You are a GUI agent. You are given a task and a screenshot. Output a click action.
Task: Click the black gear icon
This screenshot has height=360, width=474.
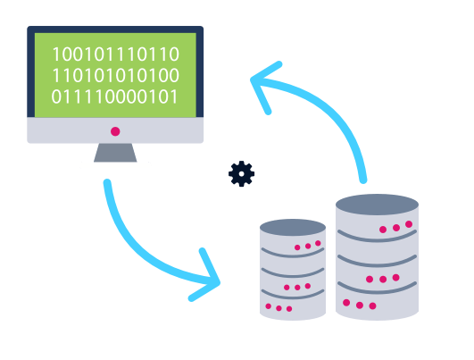point(241,173)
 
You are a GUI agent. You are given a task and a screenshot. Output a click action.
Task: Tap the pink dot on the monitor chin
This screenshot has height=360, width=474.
point(115,131)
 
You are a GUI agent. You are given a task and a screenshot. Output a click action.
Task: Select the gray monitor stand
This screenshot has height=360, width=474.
point(115,153)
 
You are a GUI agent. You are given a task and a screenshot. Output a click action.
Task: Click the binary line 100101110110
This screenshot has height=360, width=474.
point(116,54)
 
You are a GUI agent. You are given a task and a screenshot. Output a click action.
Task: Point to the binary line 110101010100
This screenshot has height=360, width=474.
point(116,75)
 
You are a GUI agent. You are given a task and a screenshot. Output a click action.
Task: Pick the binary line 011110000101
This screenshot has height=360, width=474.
point(114,96)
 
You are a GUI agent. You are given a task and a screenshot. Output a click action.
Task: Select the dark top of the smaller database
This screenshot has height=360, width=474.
point(293,228)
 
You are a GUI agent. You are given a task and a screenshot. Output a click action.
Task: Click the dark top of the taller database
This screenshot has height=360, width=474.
point(377,205)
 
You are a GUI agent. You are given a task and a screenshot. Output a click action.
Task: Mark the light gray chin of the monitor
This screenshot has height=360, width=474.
point(115,130)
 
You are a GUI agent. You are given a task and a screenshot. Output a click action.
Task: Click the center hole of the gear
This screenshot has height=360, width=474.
point(241,174)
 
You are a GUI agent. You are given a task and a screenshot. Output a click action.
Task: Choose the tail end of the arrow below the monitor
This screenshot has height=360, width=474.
point(107,183)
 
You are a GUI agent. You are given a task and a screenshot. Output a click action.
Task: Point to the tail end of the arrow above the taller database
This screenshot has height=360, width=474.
point(363,180)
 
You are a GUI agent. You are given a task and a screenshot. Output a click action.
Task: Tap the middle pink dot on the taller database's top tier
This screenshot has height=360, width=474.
point(396,228)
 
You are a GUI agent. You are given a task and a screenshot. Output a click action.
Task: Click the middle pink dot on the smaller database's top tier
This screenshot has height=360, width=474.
point(308,246)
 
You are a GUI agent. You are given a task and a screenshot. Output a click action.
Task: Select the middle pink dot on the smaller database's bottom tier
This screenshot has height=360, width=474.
point(279,308)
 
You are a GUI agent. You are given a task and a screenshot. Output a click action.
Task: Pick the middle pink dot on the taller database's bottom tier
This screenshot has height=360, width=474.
point(360,305)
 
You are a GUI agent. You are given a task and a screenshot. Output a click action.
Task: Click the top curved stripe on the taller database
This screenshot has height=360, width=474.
point(377,239)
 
